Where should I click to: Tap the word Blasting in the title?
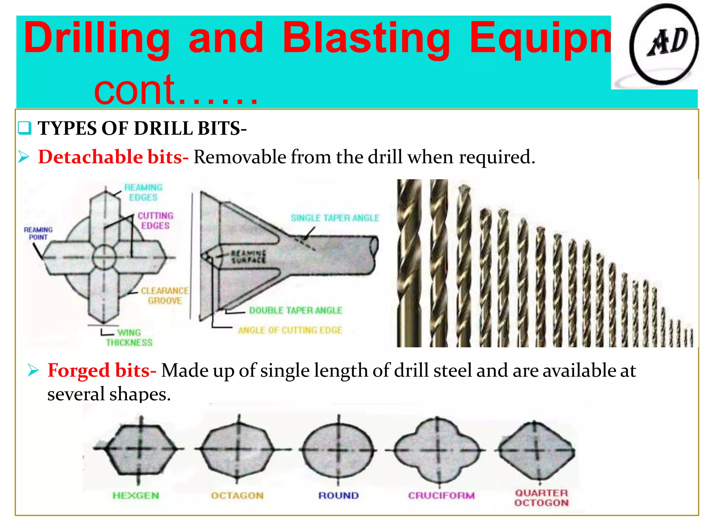tap(366, 39)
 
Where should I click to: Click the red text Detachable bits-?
tap(113, 157)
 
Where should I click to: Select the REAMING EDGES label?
tap(143, 193)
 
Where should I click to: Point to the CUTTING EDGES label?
tap(155, 220)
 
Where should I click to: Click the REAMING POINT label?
tap(38, 234)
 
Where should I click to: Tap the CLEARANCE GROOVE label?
tap(165, 296)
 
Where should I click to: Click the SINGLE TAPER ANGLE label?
tap(335, 218)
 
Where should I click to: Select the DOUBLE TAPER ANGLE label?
tap(296, 311)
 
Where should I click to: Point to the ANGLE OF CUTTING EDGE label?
tap(290, 330)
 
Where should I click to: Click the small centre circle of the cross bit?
tap(104, 257)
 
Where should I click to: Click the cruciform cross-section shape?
tap(438, 450)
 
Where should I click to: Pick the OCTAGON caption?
tap(238, 495)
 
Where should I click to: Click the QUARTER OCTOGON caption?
tap(541, 498)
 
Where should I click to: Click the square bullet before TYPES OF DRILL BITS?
tap(25, 128)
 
